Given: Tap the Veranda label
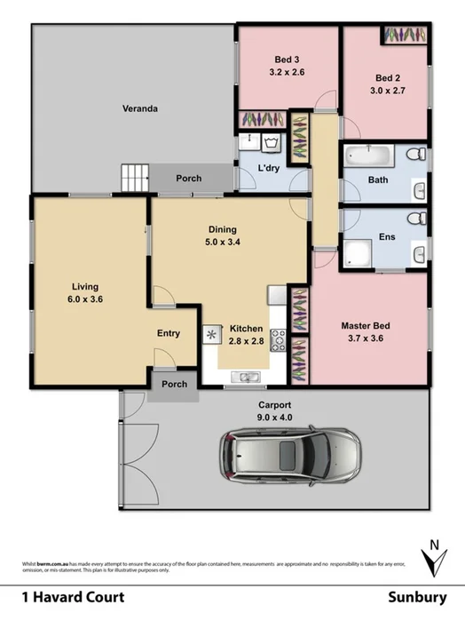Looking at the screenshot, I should (x=140, y=109).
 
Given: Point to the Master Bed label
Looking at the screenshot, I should (x=365, y=326).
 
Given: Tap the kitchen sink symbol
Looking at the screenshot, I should (x=213, y=335).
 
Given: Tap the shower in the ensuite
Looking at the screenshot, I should (x=358, y=253).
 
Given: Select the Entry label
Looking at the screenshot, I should (x=169, y=333).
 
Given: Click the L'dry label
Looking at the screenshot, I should (x=269, y=168).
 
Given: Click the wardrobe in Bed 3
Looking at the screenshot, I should (x=262, y=119).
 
